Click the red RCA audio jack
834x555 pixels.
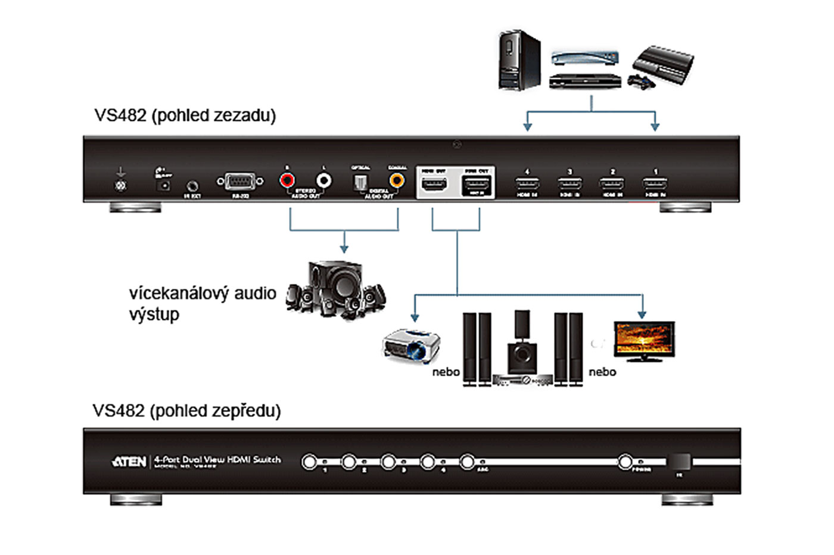pos(287,180)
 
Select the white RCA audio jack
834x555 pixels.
pos(323,180)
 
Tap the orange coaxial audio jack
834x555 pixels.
pos(396,180)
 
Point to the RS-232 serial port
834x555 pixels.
pos(240,182)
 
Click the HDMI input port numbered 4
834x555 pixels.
pos(527,183)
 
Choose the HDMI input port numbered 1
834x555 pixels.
pos(655,183)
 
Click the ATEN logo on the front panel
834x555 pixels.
pos(129,462)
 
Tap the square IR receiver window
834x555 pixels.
pos(679,462)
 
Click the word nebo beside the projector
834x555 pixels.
pos(446,372)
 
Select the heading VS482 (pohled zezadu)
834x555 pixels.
pos(185,115)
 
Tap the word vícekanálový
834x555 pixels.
pos(179,293)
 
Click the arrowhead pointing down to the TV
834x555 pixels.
pos(642,314)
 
